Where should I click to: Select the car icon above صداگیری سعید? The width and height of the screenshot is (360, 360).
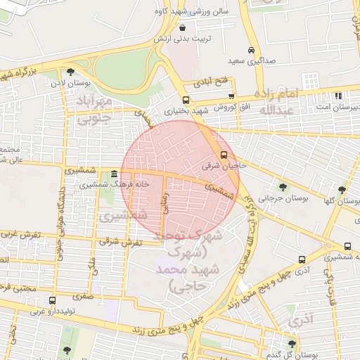[252, 51]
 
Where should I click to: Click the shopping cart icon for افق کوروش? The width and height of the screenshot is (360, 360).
[231, 96]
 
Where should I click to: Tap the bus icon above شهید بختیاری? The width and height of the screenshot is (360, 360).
[186, 101]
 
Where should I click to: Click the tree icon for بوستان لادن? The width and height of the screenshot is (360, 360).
[70, 71]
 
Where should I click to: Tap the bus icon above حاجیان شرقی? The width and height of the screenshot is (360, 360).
[224, 155]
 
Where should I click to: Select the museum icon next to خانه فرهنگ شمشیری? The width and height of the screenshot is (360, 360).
[114, 173]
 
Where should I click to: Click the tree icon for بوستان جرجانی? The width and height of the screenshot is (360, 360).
[283, 187]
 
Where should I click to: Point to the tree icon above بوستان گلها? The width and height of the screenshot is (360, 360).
[342, 190]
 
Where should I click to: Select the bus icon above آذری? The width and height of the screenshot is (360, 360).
[302, 259]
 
